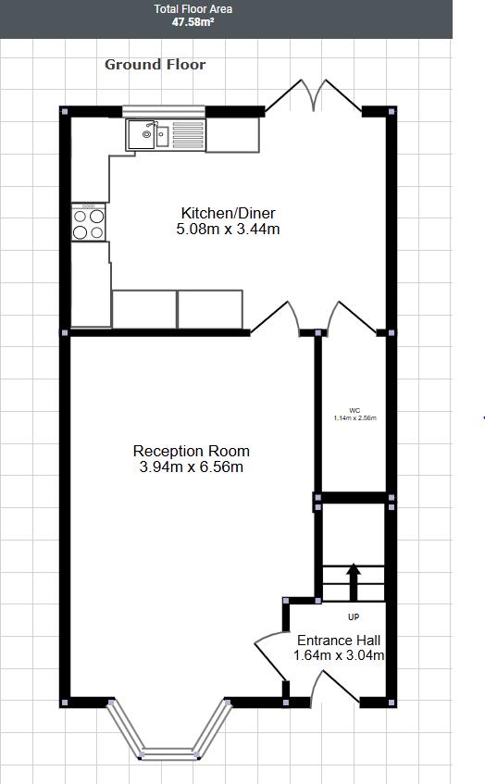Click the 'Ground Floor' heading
click(x=155, y=64)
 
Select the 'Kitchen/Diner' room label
click(x=228, y=213)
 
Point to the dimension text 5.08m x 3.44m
click(x=228, y=229)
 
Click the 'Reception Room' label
click(x=191, y=451)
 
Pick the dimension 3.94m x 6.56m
click(x=191, y=467)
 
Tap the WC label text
click(x=354, y=410)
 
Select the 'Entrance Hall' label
click(x=338, y=640)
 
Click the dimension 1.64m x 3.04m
click(x=338, y=655)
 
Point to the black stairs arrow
click(x=353, y=582)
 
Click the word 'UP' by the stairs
click(x=353, y=616)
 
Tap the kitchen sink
click(x=148, y=135)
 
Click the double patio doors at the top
click(x=312, y=95)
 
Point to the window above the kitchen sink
click(x=164, y=112)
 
